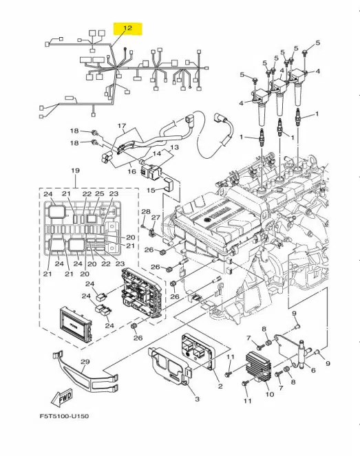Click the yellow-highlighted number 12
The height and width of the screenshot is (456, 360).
coord(127,29)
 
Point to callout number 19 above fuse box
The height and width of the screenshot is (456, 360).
coord(75,169)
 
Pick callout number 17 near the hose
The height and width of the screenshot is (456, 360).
coord(122,126)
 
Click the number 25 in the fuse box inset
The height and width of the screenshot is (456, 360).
coord(99,195)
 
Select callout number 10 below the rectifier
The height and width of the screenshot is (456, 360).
coord(269,394)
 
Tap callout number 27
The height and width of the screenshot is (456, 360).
coord(156,218)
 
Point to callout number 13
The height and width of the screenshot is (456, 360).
coord(174,147)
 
